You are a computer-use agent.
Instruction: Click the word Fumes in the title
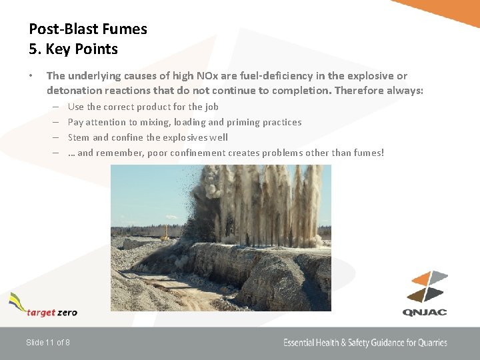[126, 29]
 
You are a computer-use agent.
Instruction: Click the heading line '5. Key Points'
[73, 49]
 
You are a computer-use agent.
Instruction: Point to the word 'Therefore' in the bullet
[361, 91]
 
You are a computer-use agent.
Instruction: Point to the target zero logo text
[52, 312]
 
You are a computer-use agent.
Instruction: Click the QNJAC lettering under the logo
[425, 312]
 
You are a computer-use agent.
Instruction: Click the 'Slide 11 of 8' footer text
[48, 343]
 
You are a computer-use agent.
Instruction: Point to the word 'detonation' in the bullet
[75, 91]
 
